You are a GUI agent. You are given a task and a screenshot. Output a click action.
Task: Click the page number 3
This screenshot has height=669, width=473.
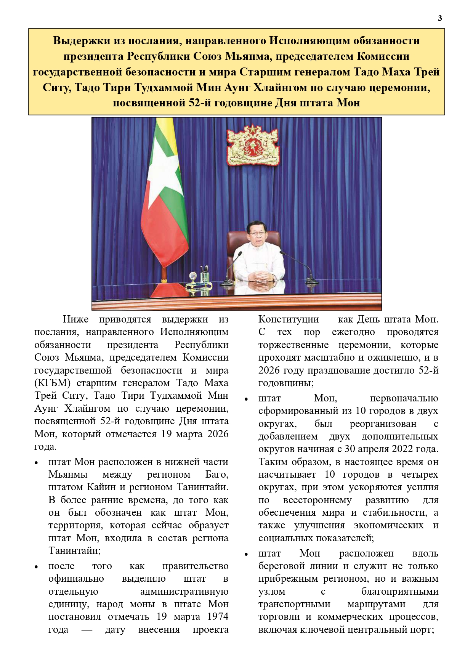pos(440,18)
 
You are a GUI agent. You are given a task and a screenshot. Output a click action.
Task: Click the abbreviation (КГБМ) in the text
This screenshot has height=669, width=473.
pos(52,383)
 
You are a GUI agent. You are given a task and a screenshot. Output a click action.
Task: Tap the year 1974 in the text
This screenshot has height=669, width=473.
pos(218,617)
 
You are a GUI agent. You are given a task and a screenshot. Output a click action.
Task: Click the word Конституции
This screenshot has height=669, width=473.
pos(289,319)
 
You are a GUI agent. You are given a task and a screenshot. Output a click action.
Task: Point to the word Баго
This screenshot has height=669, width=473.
pos(216,475)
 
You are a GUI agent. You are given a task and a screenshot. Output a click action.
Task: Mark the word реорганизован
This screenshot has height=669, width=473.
pos(383,424)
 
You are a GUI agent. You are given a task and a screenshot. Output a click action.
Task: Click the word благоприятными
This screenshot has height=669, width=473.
pos(400,592)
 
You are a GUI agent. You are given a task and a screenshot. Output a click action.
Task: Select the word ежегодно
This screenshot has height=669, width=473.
pos(353,332)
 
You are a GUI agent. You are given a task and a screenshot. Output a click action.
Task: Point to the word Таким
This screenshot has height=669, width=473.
pos(273,462)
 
